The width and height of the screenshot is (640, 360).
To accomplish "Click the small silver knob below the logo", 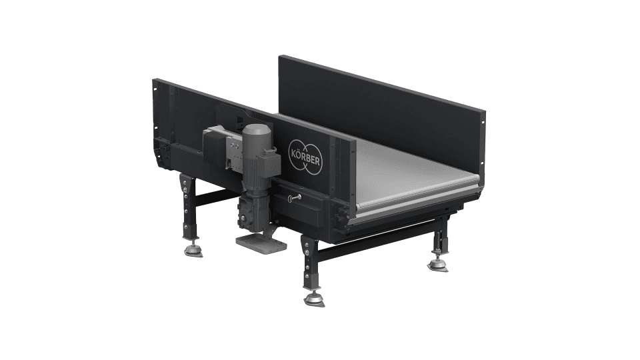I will coord(294,198).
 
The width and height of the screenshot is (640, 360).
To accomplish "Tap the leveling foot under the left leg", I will coord(193,251).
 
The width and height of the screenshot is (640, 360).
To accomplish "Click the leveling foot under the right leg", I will coord(437,264).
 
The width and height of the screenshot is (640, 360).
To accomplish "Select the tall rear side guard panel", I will coord(380,107).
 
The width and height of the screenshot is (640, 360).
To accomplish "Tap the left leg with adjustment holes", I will coord(187,203).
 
